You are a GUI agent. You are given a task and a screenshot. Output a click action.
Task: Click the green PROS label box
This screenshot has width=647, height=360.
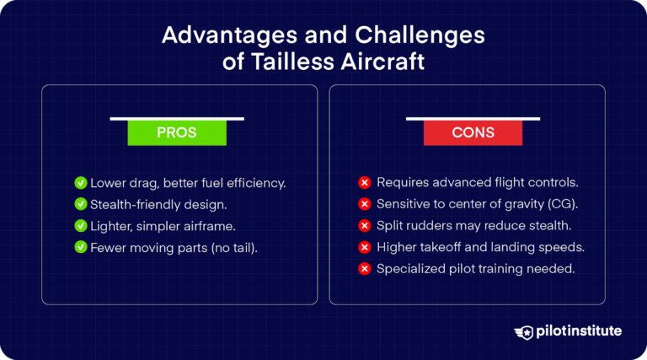pyautogui.click(x=177, y=133)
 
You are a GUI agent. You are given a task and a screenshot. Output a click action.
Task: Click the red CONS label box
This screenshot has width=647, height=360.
pyautogui.click(x=472, y=133)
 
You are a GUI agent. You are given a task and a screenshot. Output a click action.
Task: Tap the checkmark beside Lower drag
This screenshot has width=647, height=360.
pyautogui.click(x=81, y=182)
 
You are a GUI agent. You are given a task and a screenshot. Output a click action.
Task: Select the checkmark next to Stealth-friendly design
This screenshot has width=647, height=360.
pyautogui.click(x=81, y=203)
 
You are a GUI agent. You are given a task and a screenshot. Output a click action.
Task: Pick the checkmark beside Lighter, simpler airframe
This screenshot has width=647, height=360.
pyautogui.click(x=81, y=225)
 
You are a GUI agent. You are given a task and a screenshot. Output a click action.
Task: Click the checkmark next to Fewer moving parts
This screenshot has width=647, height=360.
pyautogui.click(x=81, y=246)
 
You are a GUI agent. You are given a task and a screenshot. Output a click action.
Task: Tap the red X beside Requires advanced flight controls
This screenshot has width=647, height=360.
pyautogui.click(x=365, y=182)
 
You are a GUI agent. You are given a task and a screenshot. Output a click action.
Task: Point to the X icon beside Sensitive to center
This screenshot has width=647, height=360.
pyautogui.click(x=365, y=203)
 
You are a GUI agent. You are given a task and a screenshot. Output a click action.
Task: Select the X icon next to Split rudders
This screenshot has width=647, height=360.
pyautogui.click(x=365, y=225)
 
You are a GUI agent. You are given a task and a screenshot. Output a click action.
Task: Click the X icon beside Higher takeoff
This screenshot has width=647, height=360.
pyautogui.click(x=365, y=247)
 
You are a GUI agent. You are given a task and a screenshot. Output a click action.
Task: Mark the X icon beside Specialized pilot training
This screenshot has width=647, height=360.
pyautogui.click(x=365, y=268)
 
